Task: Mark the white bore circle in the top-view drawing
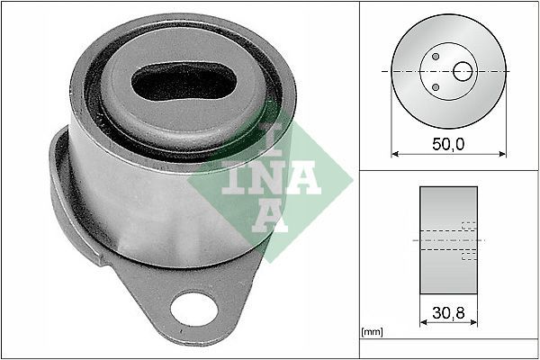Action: (463, 70)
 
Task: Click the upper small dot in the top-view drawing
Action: (436, 57)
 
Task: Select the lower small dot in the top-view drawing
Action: (436, 87)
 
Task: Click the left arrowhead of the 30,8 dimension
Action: (423, 323)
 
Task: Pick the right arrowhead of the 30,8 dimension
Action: (475, 323)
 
